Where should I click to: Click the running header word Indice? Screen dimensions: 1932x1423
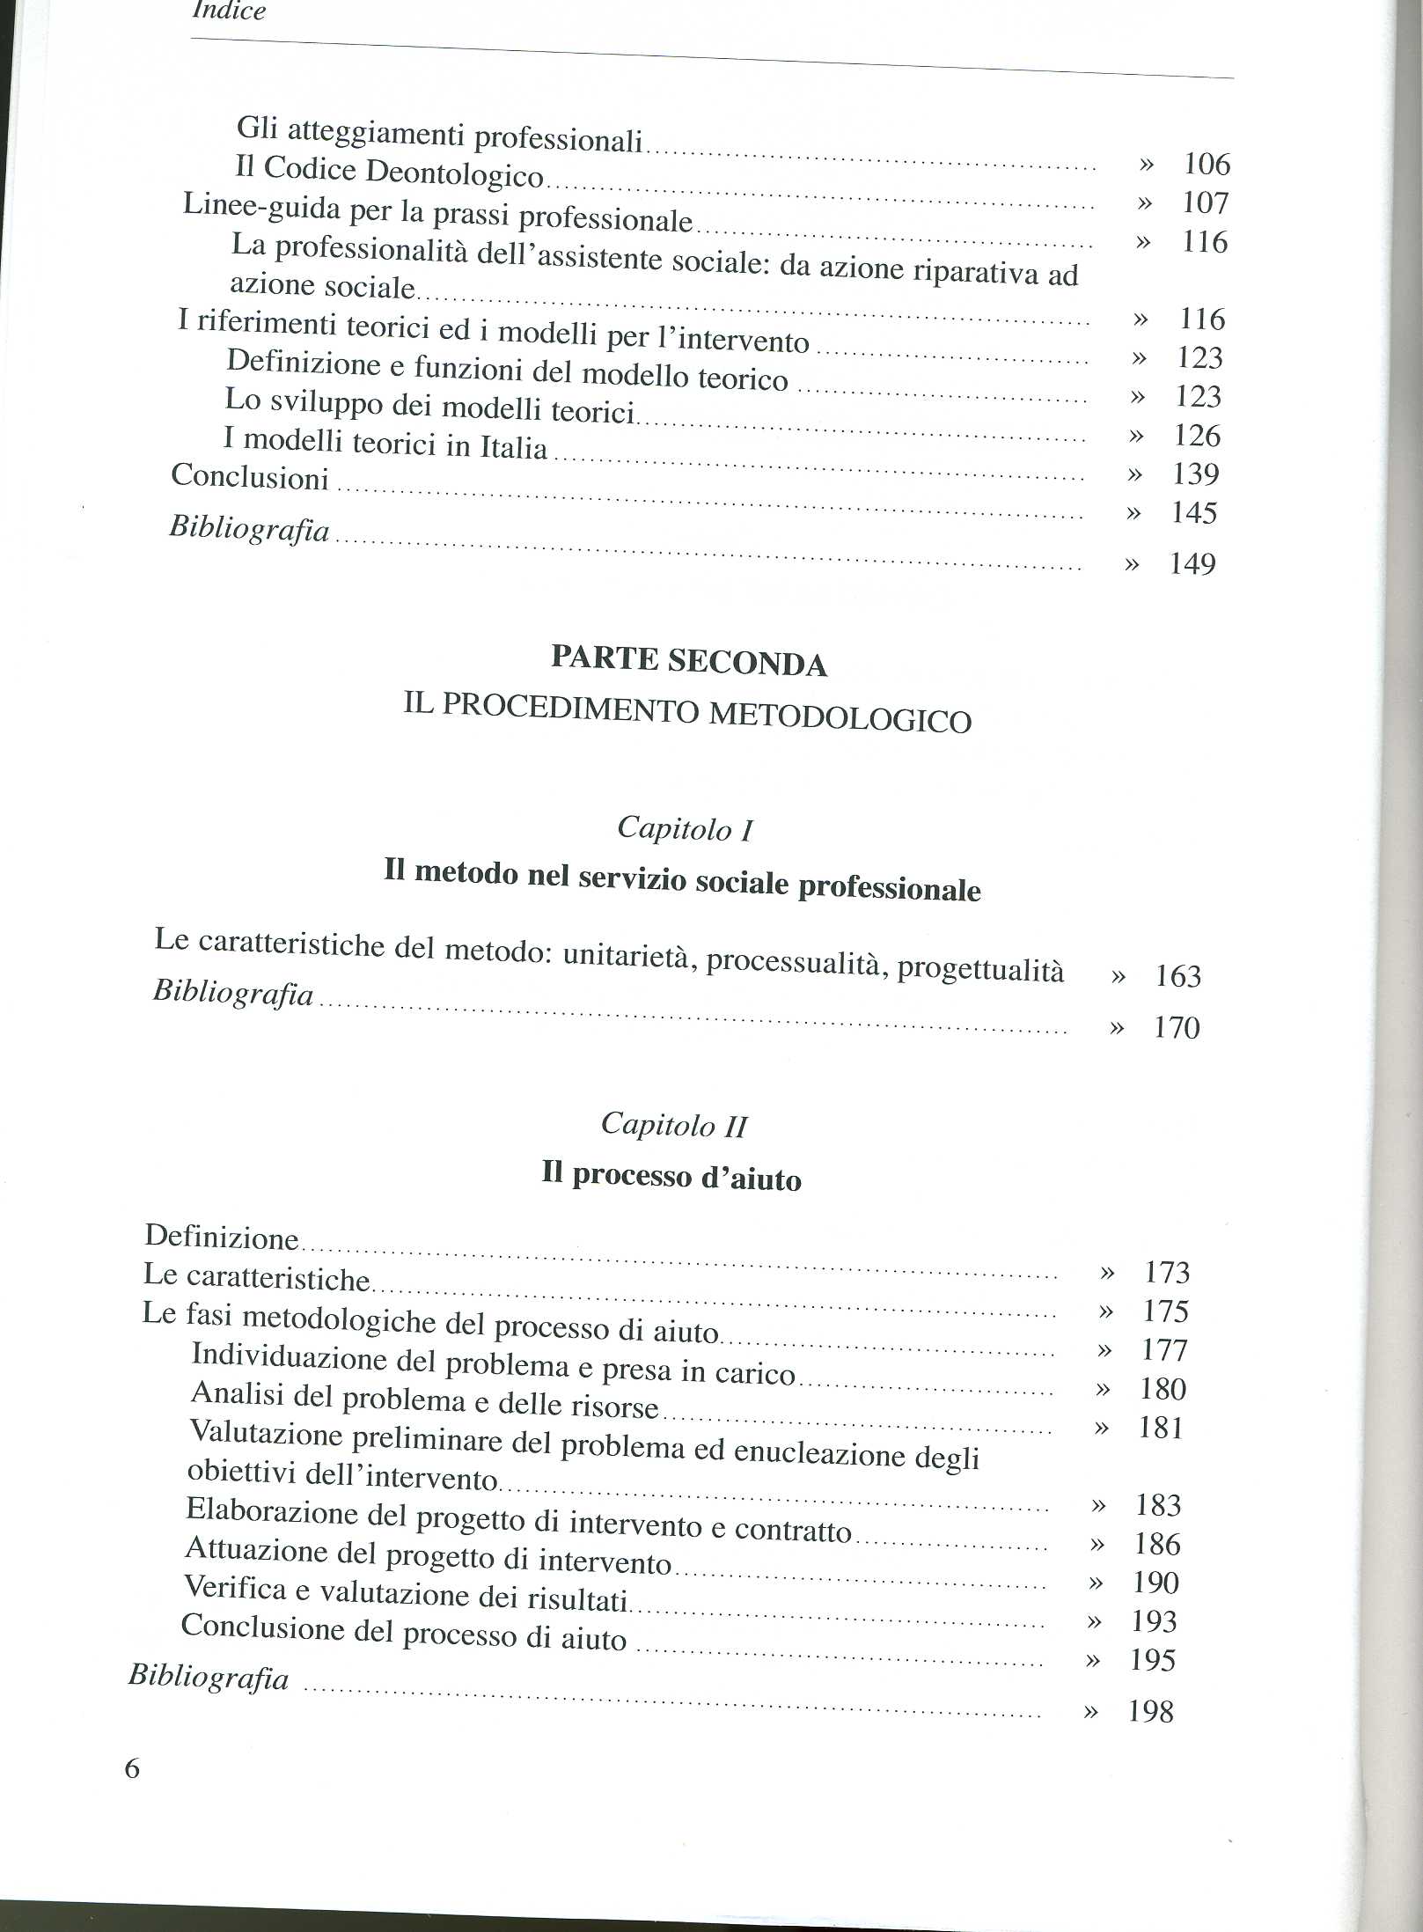pyautogui.click(x=229, y=11)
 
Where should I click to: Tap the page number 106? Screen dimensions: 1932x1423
pyautogui.click(x=1206, y=164)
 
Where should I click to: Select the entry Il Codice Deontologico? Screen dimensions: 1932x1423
pyautogui.click(x=389, y=171)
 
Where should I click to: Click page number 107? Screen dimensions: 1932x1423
pyautogui.click(x=1204, y=203)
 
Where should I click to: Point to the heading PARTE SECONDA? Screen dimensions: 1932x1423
pyautogui.click(x=688, y=661)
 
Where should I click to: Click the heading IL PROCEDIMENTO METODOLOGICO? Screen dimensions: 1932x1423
pyautogui.click(x=687, y=714)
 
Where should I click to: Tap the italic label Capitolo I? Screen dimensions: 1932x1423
pyautogui.click(x=685, y=829)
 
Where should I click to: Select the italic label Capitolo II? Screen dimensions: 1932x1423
pyautogui.click(x=674, y=1125)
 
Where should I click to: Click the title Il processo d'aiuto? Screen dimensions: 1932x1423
pyautogui.click(x=671, y=1177)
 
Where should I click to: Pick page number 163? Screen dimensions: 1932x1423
pyautogui.click(x=1177, y=977)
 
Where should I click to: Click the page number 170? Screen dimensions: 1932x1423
pyautogui.click(x=1177, y=1028)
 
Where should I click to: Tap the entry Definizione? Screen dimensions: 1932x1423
pyautogui.click(x=222, y=1237)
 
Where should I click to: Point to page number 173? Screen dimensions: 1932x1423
pyautogui.click(x=1167, y=1273)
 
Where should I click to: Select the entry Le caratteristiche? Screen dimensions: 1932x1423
pyautogui.click(x=256, y=1277)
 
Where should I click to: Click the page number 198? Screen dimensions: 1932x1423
pyautogui.click(x=1150, y=1712)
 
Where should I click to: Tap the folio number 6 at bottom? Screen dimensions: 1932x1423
pyautogui.click(x=132, y=1768)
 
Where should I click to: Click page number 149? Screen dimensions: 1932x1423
pyautogui.click(x=1192, y=564)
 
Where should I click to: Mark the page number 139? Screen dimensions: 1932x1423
pyautogui.click(x=1195, y=475)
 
